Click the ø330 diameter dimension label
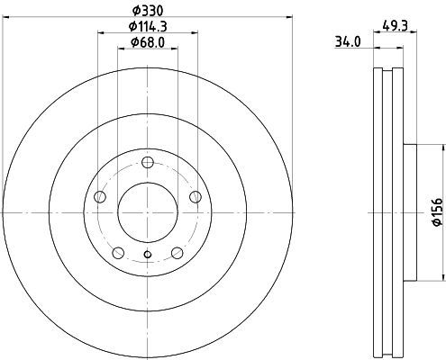pos(148,11)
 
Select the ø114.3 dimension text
pos(148,27)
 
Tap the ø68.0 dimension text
pos(148,42)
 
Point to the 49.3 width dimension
pos(395,26)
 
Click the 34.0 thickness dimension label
pos(348,42)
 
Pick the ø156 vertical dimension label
pos(437,211)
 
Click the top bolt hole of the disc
pos(148,163)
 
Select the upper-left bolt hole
pos(100,197)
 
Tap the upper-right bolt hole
pos(196,197)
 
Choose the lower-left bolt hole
pos(118,253)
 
